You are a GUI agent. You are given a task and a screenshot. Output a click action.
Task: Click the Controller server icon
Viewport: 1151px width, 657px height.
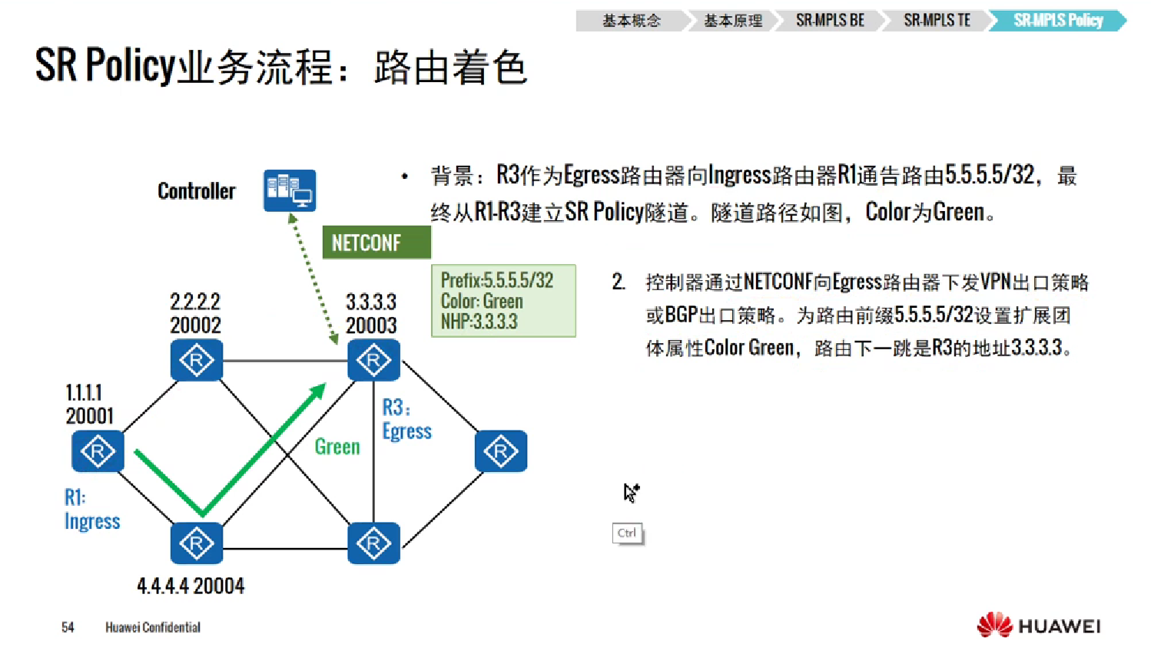[x=289, y=190]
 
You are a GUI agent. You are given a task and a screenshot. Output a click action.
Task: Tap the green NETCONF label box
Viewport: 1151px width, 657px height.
[x=376, y=243]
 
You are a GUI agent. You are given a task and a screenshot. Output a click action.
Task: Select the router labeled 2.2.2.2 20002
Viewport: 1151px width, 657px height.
[x=196, y=360]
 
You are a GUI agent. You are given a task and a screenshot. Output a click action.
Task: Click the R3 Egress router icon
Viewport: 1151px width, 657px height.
[x=373, y=360]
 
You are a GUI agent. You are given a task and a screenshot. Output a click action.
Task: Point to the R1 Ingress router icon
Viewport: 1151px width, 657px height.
[x=98, y=451]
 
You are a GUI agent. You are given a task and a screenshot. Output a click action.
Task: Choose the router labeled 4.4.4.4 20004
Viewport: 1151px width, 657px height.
[x=196, y=543]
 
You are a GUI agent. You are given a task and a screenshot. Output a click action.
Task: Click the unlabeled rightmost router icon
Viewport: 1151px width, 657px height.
[x=500, y=451]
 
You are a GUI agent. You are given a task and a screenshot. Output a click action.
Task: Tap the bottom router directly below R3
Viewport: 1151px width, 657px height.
[x=373, y=543]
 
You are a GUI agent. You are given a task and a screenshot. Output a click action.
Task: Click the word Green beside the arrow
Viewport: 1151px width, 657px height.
[x=337, y=447]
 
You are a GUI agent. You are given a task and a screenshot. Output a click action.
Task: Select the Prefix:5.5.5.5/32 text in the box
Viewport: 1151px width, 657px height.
[x=496, y=281]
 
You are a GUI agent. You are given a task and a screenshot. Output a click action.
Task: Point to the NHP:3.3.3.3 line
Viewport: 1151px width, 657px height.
[x=479, y=322]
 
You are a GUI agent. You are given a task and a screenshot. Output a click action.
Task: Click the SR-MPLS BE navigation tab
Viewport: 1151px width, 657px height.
[x=830, y=21]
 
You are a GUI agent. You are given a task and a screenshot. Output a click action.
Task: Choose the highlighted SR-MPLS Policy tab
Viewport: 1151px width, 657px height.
[x=1057, y=21]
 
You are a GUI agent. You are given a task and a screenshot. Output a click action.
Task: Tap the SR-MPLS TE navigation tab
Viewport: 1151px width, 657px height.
[x=937, y=21]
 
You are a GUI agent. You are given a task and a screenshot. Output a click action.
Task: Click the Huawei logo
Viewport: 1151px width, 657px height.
[x=1038, y=626]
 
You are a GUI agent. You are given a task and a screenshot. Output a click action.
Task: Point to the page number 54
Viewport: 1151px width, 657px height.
[x=68, y=627]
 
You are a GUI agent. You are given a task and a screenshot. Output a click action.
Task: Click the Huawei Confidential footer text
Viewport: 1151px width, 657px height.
[x=153, y=627]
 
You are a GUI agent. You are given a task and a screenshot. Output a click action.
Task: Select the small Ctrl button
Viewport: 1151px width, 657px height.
[x=627, y=533]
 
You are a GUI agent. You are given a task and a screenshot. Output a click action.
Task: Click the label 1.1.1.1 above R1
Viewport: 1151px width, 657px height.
[x=84, y=393]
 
